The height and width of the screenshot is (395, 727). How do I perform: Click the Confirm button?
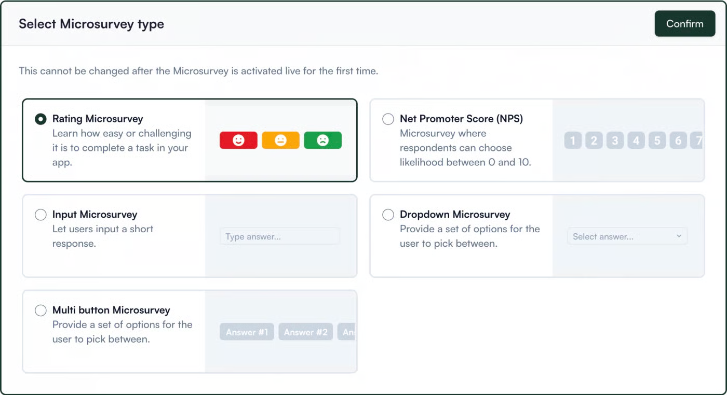tap(684, 24)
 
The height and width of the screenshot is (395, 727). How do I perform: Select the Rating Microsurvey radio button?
tap(41, 119)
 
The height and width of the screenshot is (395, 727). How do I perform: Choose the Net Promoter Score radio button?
tap(388, 119)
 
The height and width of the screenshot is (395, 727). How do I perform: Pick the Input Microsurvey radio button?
tap(41, 215)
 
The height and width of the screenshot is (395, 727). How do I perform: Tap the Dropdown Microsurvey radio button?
tap(388, 215)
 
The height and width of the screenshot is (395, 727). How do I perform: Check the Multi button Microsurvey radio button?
tap(41, 311)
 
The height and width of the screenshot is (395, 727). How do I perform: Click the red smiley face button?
tap(238, 140)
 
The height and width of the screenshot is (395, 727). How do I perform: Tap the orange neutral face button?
tap(280, 140)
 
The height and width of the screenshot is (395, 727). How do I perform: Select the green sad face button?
tap(322, 140)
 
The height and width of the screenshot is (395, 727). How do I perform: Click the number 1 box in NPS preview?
tap(573, 140)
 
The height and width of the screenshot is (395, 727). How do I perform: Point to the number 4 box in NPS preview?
tap(636, 140)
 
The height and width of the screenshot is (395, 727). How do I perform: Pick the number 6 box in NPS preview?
tap(678, 140)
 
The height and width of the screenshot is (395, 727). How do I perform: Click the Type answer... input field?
tap(279, 236)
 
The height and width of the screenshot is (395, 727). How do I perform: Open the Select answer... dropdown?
tap(627, 236)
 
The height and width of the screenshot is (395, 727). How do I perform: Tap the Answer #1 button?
tap(247, 332)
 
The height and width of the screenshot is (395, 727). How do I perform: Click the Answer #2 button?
tap(305, 332)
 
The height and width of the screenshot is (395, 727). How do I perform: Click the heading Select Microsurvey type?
tap(91, 24)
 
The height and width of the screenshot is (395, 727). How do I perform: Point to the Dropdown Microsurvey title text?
tap(455, 215)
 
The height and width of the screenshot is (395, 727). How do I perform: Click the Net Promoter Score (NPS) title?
tap(461, 119)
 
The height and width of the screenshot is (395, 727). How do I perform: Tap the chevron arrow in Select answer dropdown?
tap(679, 236)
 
